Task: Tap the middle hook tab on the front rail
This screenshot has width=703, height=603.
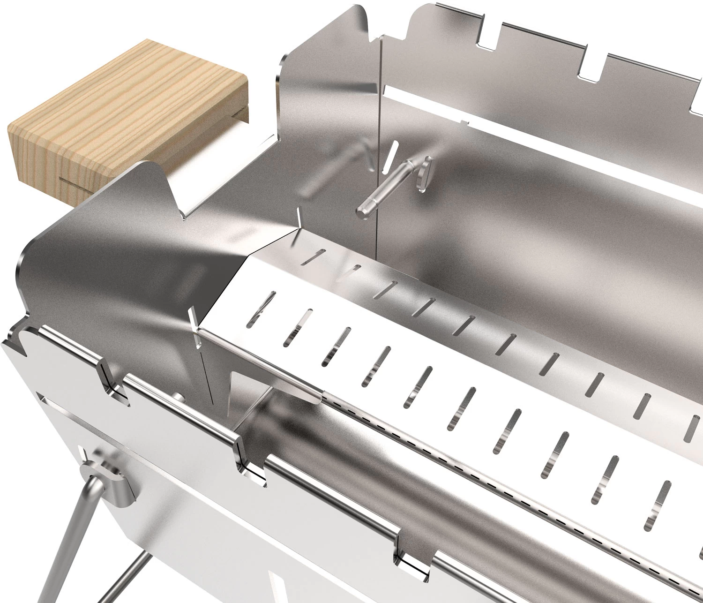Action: click(x=248, y=457)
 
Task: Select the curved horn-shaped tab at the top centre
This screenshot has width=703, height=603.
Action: click(x=356, y=23)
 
